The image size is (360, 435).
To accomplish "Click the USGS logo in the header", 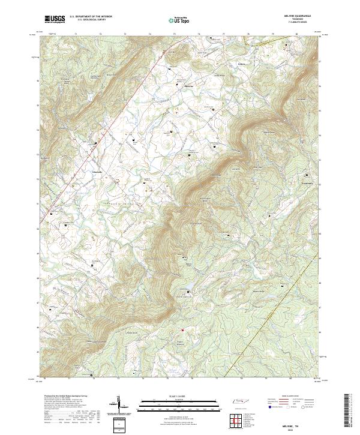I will click(x=54, y=19).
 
